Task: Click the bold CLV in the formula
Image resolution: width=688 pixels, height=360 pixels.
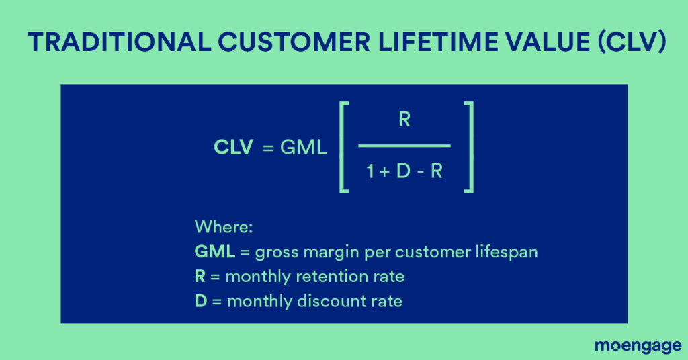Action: tap(233, 148)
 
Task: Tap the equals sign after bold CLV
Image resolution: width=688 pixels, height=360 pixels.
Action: tap(268, 148)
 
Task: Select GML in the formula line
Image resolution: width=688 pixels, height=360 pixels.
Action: tap(304, 148)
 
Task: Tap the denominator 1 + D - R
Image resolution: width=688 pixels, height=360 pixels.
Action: tap(404, 172)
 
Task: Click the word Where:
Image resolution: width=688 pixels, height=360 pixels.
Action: tap(223, 226)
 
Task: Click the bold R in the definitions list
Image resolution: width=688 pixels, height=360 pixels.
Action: tap(200, 276)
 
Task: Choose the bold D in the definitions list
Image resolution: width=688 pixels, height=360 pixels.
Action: tap(201, 300)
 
